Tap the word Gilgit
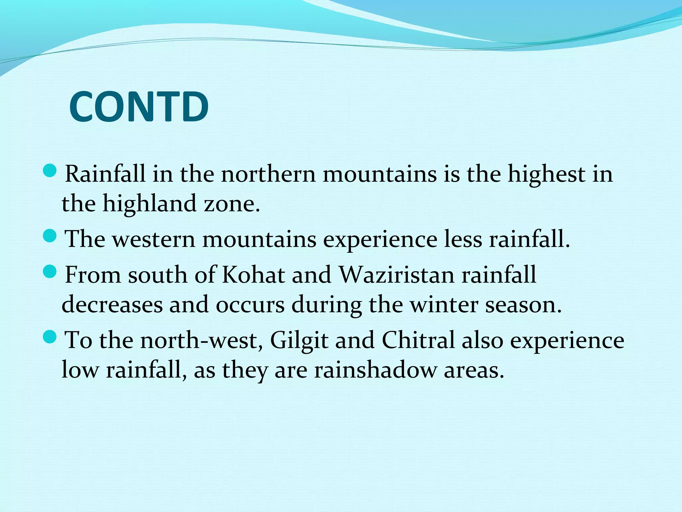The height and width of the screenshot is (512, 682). coord(299,341)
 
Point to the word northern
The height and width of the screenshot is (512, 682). coord(268,174)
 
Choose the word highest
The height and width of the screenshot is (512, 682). coord(546,174)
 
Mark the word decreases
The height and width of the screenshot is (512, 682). coord(112,305)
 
